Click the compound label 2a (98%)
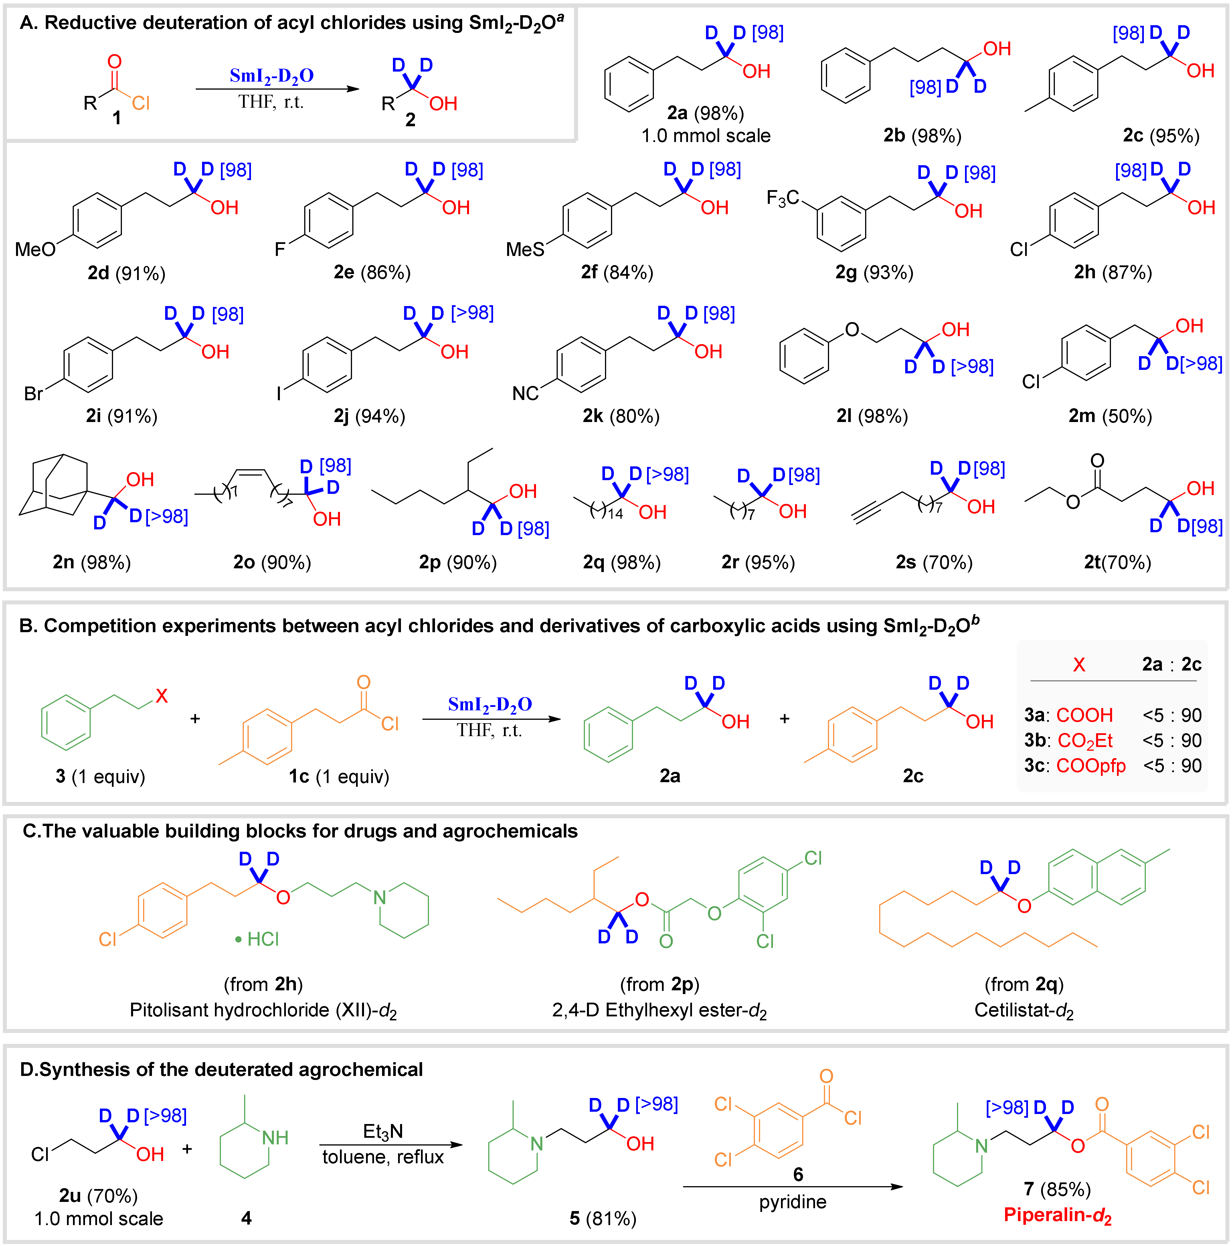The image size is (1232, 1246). tap(705, 113)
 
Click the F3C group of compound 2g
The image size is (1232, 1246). tap(782, 197)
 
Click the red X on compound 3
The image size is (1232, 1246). tap(161, 695)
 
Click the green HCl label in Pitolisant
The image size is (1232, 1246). tap(258, 939)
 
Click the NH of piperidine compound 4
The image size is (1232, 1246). tap(275, 1138)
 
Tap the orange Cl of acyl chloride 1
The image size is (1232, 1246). tap(141, 103)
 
